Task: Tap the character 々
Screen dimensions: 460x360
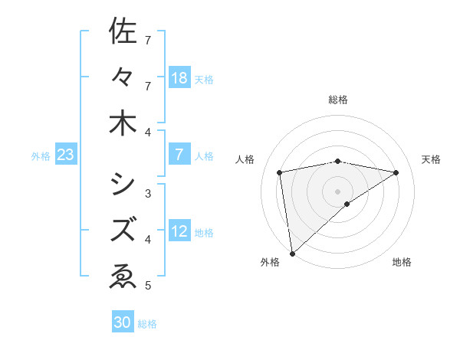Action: point(123,77)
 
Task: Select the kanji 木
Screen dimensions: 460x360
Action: point(123,124)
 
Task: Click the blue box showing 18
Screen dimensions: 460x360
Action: point(179,78)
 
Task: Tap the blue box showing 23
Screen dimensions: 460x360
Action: point(66,155)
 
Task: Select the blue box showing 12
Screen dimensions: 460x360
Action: point(179,232)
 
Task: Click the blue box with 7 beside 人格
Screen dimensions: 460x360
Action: point(179,155)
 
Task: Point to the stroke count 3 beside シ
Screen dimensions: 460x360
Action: point(147,193)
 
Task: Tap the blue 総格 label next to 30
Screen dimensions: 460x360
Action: point(147,324)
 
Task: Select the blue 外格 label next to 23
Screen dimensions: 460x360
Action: point(41,156)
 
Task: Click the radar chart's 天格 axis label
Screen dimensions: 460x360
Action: point(431,159)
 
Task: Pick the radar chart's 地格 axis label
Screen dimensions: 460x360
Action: point(402,262)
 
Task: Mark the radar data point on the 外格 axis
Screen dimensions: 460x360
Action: point(292,253)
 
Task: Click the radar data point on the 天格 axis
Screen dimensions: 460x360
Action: point(396,172)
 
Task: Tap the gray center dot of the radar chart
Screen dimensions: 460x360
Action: point(338,191)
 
